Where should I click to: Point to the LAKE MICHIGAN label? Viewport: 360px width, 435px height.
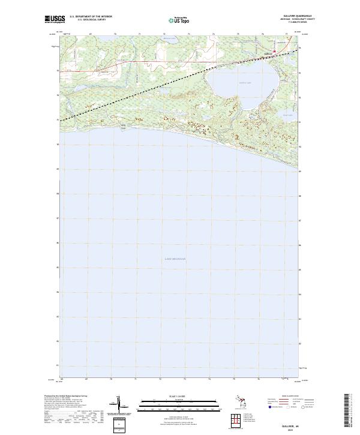pos(175,259)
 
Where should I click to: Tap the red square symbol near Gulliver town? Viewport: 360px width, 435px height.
pos(275,51)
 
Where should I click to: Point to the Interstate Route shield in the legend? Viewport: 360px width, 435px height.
pos(271,407)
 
